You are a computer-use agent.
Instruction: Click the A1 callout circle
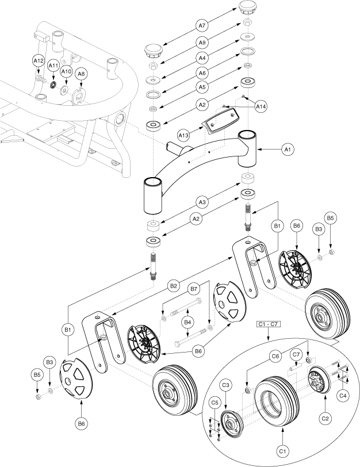point(288,150)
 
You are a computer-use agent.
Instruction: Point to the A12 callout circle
point(38,61)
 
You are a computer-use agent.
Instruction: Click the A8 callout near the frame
point(82,74)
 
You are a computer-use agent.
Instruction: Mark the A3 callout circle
point(202,202)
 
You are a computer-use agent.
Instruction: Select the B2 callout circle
point(173,285)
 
